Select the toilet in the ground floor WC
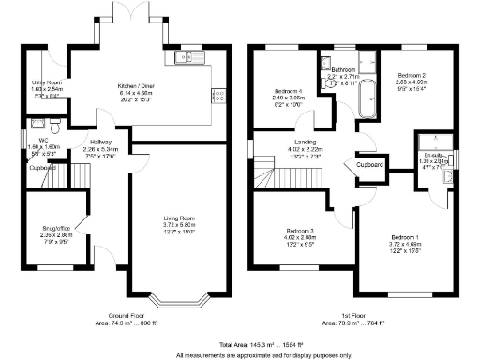click(56, 122)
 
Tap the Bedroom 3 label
click(300, 237)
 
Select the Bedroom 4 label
click(289, 91)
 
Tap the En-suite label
click(431, 157)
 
